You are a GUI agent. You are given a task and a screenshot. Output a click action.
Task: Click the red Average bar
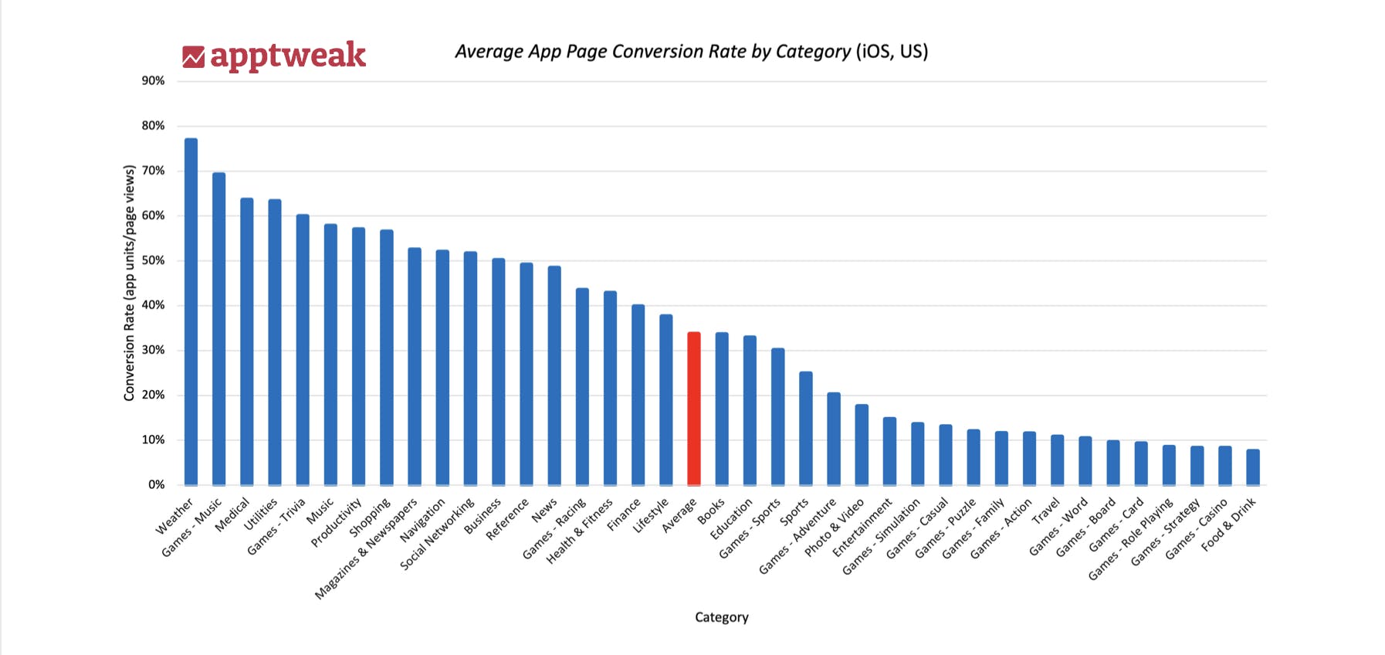[694, 409]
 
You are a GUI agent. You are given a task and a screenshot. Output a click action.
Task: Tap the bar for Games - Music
[219, 329]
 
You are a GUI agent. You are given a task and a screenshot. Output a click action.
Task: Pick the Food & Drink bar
[1252, 467]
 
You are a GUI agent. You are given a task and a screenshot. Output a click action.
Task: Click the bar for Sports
[805, 429]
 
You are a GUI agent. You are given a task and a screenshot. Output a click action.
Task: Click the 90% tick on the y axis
[153, 81]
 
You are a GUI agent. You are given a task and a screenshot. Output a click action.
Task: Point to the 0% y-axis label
[156, 485]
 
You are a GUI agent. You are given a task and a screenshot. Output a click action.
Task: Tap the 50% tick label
[153, 260]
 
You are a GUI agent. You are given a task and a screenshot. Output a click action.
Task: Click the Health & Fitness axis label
[579, 531]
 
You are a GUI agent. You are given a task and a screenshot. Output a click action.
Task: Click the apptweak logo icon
[193, 56]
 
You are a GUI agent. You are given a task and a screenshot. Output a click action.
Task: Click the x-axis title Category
[721, 617]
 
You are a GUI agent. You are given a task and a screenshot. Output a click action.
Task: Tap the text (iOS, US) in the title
[892, 52]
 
